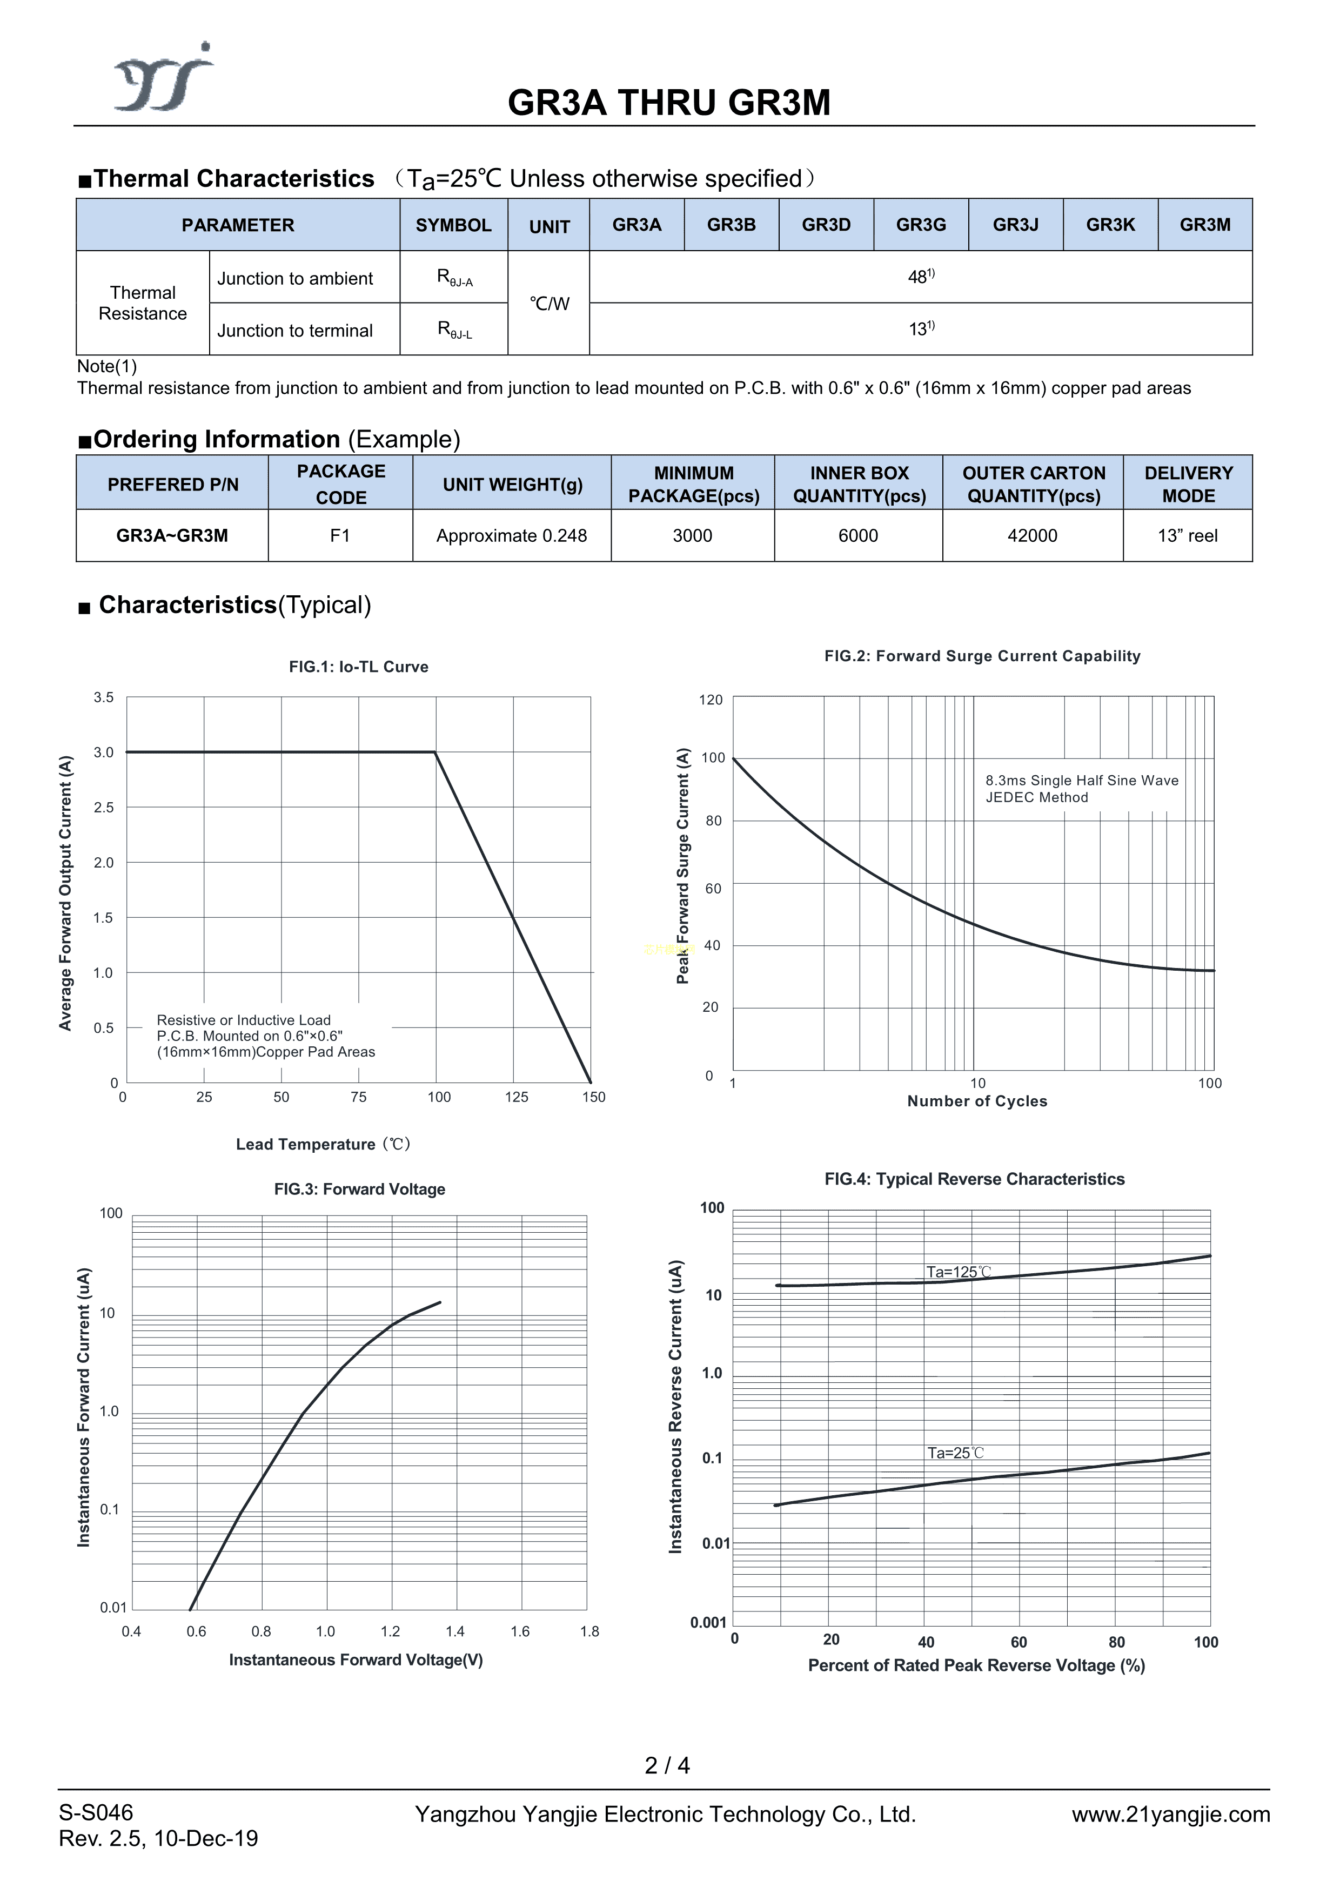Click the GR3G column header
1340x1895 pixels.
pos(921,225)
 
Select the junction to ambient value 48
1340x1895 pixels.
pos(921,277)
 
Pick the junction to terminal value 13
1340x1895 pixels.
pos(921,330)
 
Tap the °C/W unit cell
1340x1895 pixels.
pos(549,304)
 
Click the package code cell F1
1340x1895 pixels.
pos(340,536)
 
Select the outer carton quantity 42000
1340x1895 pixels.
pos(1032,536)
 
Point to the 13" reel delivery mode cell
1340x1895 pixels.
pos(1187,536)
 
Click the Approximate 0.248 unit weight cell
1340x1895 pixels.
pos(511,536)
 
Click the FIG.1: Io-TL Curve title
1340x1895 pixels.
pos(358,667)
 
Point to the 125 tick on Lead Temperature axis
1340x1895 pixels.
pos(516,1097)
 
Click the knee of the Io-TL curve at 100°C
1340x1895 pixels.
pos(435,752)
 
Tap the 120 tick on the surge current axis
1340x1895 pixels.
pos(710,700)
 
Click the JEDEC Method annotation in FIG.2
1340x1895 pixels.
pos(1036,797)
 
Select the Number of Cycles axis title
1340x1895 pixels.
pos(977,1101)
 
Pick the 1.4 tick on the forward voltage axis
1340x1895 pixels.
pos(455,1632)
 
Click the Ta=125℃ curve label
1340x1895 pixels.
pos(958,1272)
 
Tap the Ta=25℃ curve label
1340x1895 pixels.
pos(955,1453)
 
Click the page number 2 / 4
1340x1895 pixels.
pos(667,1765)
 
